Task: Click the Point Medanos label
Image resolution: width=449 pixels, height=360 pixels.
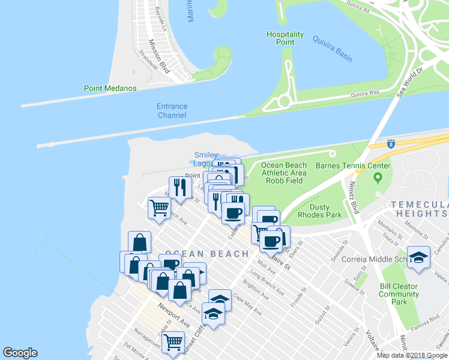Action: [x=110, y=88]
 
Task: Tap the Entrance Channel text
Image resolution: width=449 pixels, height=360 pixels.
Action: [x=172, y=110]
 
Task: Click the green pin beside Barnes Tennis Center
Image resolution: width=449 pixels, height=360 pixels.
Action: [x=378, y=178]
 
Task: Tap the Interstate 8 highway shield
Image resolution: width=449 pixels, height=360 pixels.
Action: [x=391, y=144]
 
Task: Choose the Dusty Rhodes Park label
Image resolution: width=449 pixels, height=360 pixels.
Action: [x=328, y=211]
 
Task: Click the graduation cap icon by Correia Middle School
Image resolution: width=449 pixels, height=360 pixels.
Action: [x=418, y=257]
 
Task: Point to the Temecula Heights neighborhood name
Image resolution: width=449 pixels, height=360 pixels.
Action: [x=418, y=209]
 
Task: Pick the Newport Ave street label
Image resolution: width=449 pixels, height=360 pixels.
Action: [x=174, y=314]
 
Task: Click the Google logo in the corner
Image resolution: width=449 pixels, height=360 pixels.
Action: [x=20, y=353]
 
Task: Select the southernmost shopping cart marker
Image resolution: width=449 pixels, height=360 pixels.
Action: [x=173, y=341]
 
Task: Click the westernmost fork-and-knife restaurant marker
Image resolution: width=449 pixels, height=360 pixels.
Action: [x=179, y=187]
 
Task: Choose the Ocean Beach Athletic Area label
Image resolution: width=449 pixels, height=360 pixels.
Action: [x=284, y=169]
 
